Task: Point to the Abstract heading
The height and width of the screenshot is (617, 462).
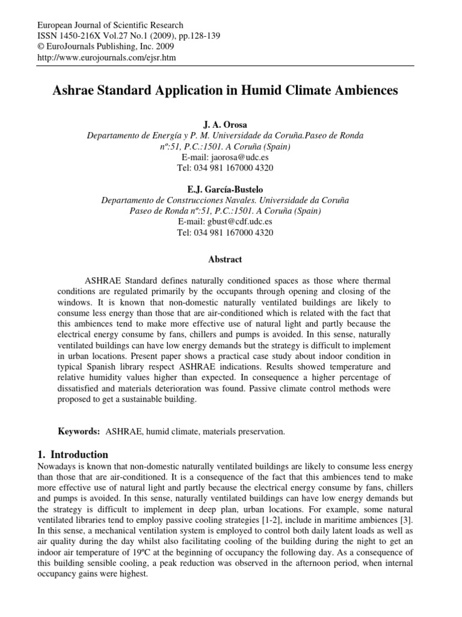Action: coord(225,260)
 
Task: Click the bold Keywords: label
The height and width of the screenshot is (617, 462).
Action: coord(79,432)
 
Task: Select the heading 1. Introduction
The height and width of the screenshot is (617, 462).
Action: coord(73,454)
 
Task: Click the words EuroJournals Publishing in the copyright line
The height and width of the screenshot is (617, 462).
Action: coord(88,47)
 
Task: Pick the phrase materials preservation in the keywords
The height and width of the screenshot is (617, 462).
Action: coord(237,432)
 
